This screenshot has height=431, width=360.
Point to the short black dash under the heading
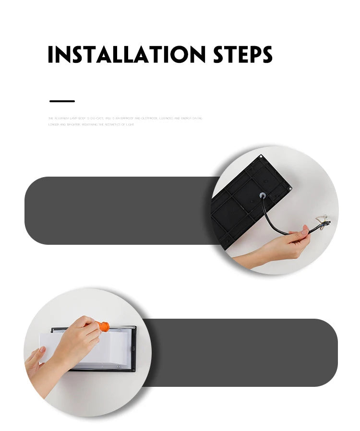(x=62, y=101)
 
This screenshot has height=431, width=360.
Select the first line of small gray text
(x=125, y=118)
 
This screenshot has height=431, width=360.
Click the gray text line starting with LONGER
(x=91, y=125)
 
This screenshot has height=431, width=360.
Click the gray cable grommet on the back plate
(x=263, y=196)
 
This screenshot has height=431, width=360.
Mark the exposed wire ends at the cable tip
(x=324, y=221)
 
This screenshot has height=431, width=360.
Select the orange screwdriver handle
(x=103, y=327)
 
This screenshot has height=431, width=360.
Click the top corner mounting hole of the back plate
(x=260, y=157)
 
